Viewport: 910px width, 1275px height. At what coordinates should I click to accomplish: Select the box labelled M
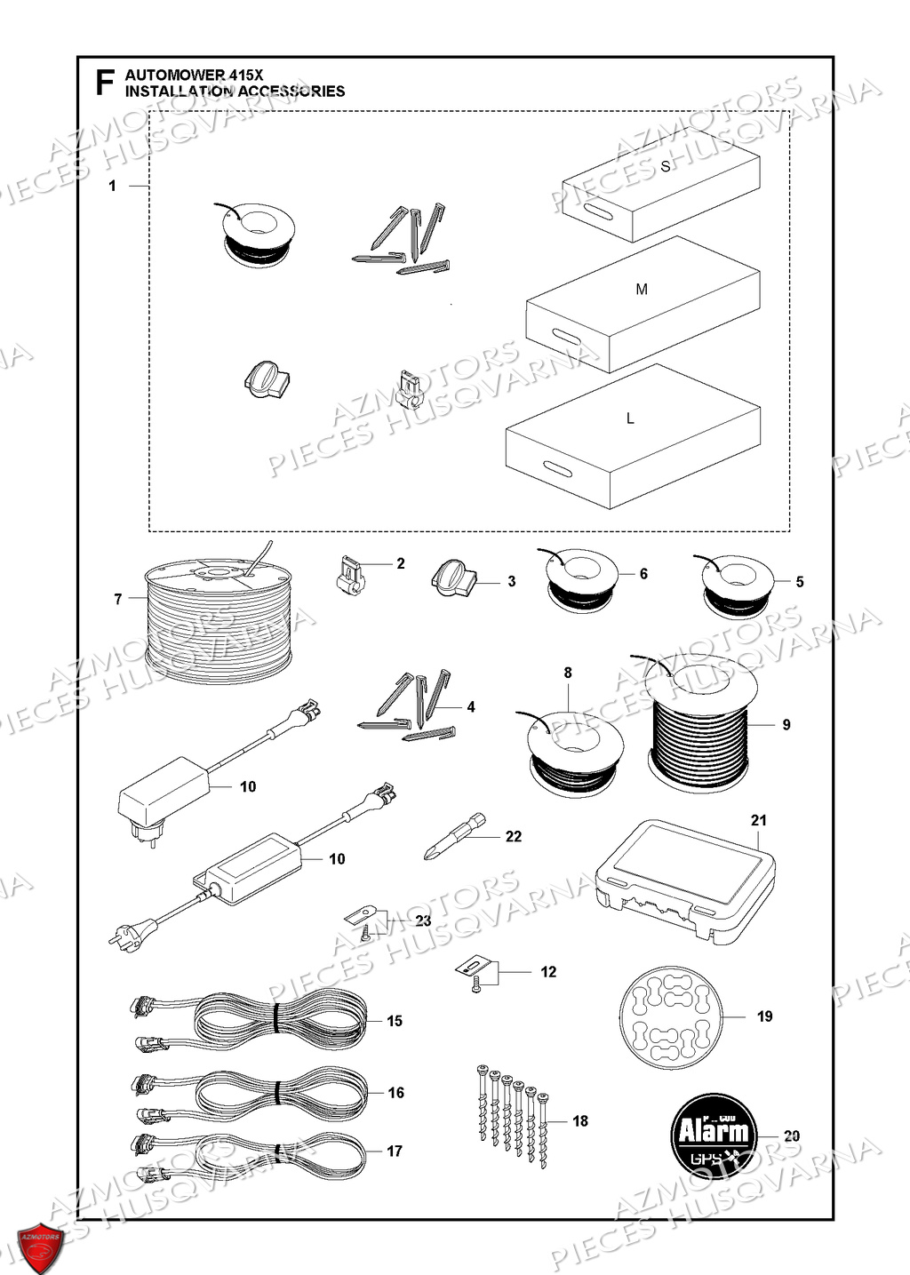click(643, 302)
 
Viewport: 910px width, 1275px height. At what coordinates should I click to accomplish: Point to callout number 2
click(400, 563)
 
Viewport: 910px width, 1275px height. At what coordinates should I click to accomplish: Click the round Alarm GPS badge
click(714, 1135)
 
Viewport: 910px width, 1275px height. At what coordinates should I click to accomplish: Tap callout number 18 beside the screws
click(580, 1121)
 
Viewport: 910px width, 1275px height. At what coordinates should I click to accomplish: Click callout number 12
click(548, 972)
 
